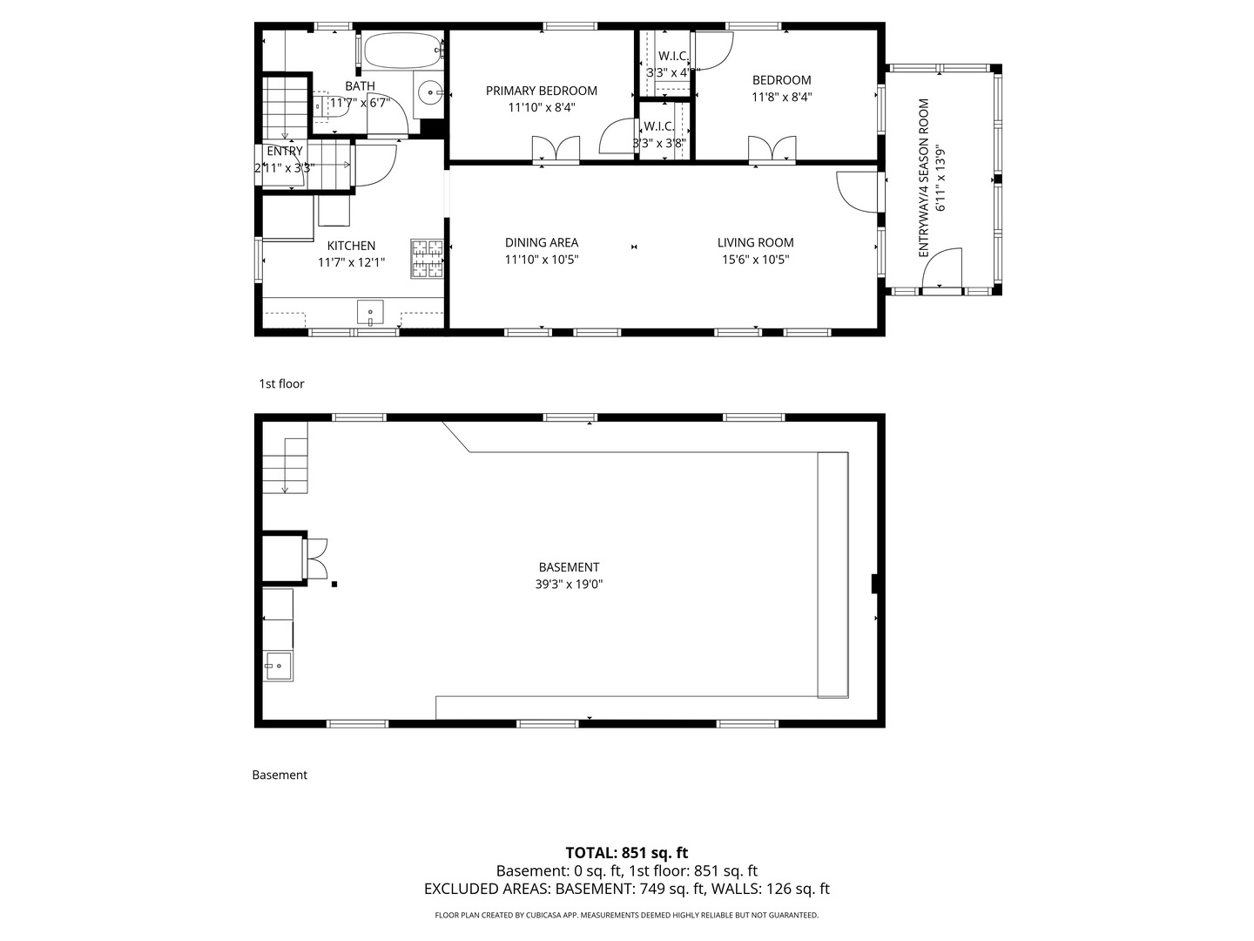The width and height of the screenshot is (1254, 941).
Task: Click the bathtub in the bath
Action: pos(401,51)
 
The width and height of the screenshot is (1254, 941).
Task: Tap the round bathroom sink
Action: pos(429,91)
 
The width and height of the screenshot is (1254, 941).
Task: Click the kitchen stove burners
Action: pos(427,259)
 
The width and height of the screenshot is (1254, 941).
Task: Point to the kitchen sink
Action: pos(371,311)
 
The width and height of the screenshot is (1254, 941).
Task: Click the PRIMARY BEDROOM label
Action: pos(541,91)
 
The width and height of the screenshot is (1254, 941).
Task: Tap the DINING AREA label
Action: pos(541,243)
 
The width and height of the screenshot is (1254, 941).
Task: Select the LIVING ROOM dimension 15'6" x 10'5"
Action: pos(755,260)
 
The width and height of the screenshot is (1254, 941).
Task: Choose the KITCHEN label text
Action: pos(351,247)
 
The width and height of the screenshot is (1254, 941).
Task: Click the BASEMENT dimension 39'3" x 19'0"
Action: pos(569,585)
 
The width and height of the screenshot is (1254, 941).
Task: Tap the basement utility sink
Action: pos(279,667)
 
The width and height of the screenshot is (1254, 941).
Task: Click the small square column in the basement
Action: pos(334,585)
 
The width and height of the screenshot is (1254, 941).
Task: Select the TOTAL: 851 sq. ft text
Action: pos(626,853)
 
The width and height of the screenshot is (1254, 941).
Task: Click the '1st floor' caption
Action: pos(281,383)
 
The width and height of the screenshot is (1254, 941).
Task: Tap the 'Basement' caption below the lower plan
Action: pos(280,775)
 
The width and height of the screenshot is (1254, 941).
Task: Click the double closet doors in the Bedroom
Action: pos(772,150)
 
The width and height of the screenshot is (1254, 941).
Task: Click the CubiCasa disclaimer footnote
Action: pos(626,915)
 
